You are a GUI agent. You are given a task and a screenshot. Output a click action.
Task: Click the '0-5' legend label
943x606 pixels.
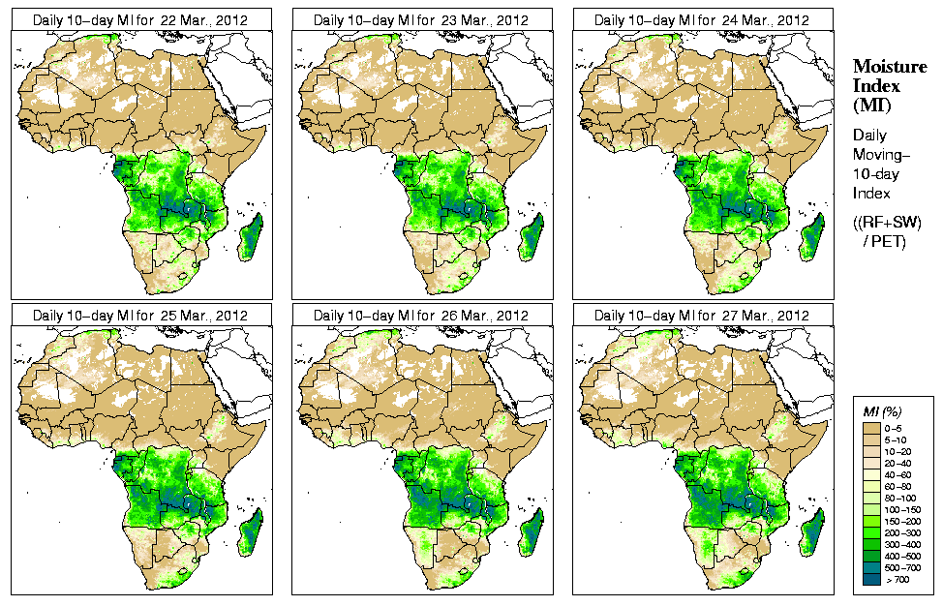(x=897, y=427)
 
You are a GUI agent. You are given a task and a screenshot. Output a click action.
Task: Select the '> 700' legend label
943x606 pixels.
(x=897, y=578)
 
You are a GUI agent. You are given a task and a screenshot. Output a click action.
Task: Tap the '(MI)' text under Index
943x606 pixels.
(x=870, y=105)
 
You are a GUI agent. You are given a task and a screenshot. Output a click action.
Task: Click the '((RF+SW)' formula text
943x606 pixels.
(x=887, y=223)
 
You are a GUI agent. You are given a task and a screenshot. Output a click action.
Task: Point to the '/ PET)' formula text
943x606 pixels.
(x=885, y=241)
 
